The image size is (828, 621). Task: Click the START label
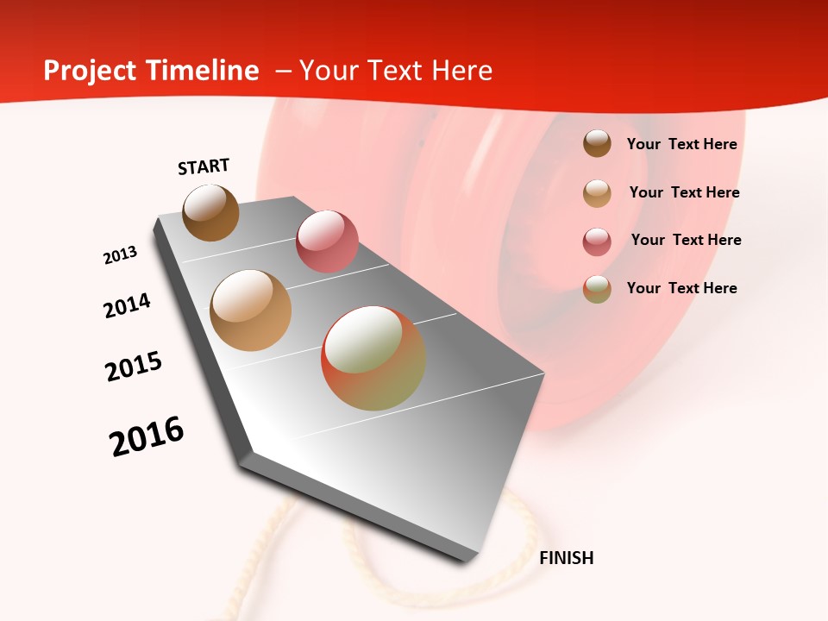click(x=204, y=166)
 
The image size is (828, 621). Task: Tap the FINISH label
click(x=566, y=558)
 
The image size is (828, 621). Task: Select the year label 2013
click(x=120, y=255)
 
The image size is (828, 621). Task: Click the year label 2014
click(x=127, y=305)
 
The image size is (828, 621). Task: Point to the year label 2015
click(x=134, y=367)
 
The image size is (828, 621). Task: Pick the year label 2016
click(x=147, y=436)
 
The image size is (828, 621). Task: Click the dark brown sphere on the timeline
click(x=210, y=212)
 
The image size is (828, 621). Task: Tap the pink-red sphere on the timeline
click(x=327, y=241)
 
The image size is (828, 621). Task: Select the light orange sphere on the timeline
click(x=250, y=310)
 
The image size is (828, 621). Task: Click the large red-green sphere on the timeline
click(x=373, y=358)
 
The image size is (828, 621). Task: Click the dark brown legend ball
click(x=597, y=143)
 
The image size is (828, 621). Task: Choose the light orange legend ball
click(x=597, y=193)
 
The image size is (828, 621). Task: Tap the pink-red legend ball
click(x=597, y=241)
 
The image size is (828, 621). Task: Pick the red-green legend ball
click(x=597, y=289)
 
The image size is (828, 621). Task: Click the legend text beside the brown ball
click(x=681, y=144)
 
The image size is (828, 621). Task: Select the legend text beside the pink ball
click(x=686, y=240)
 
